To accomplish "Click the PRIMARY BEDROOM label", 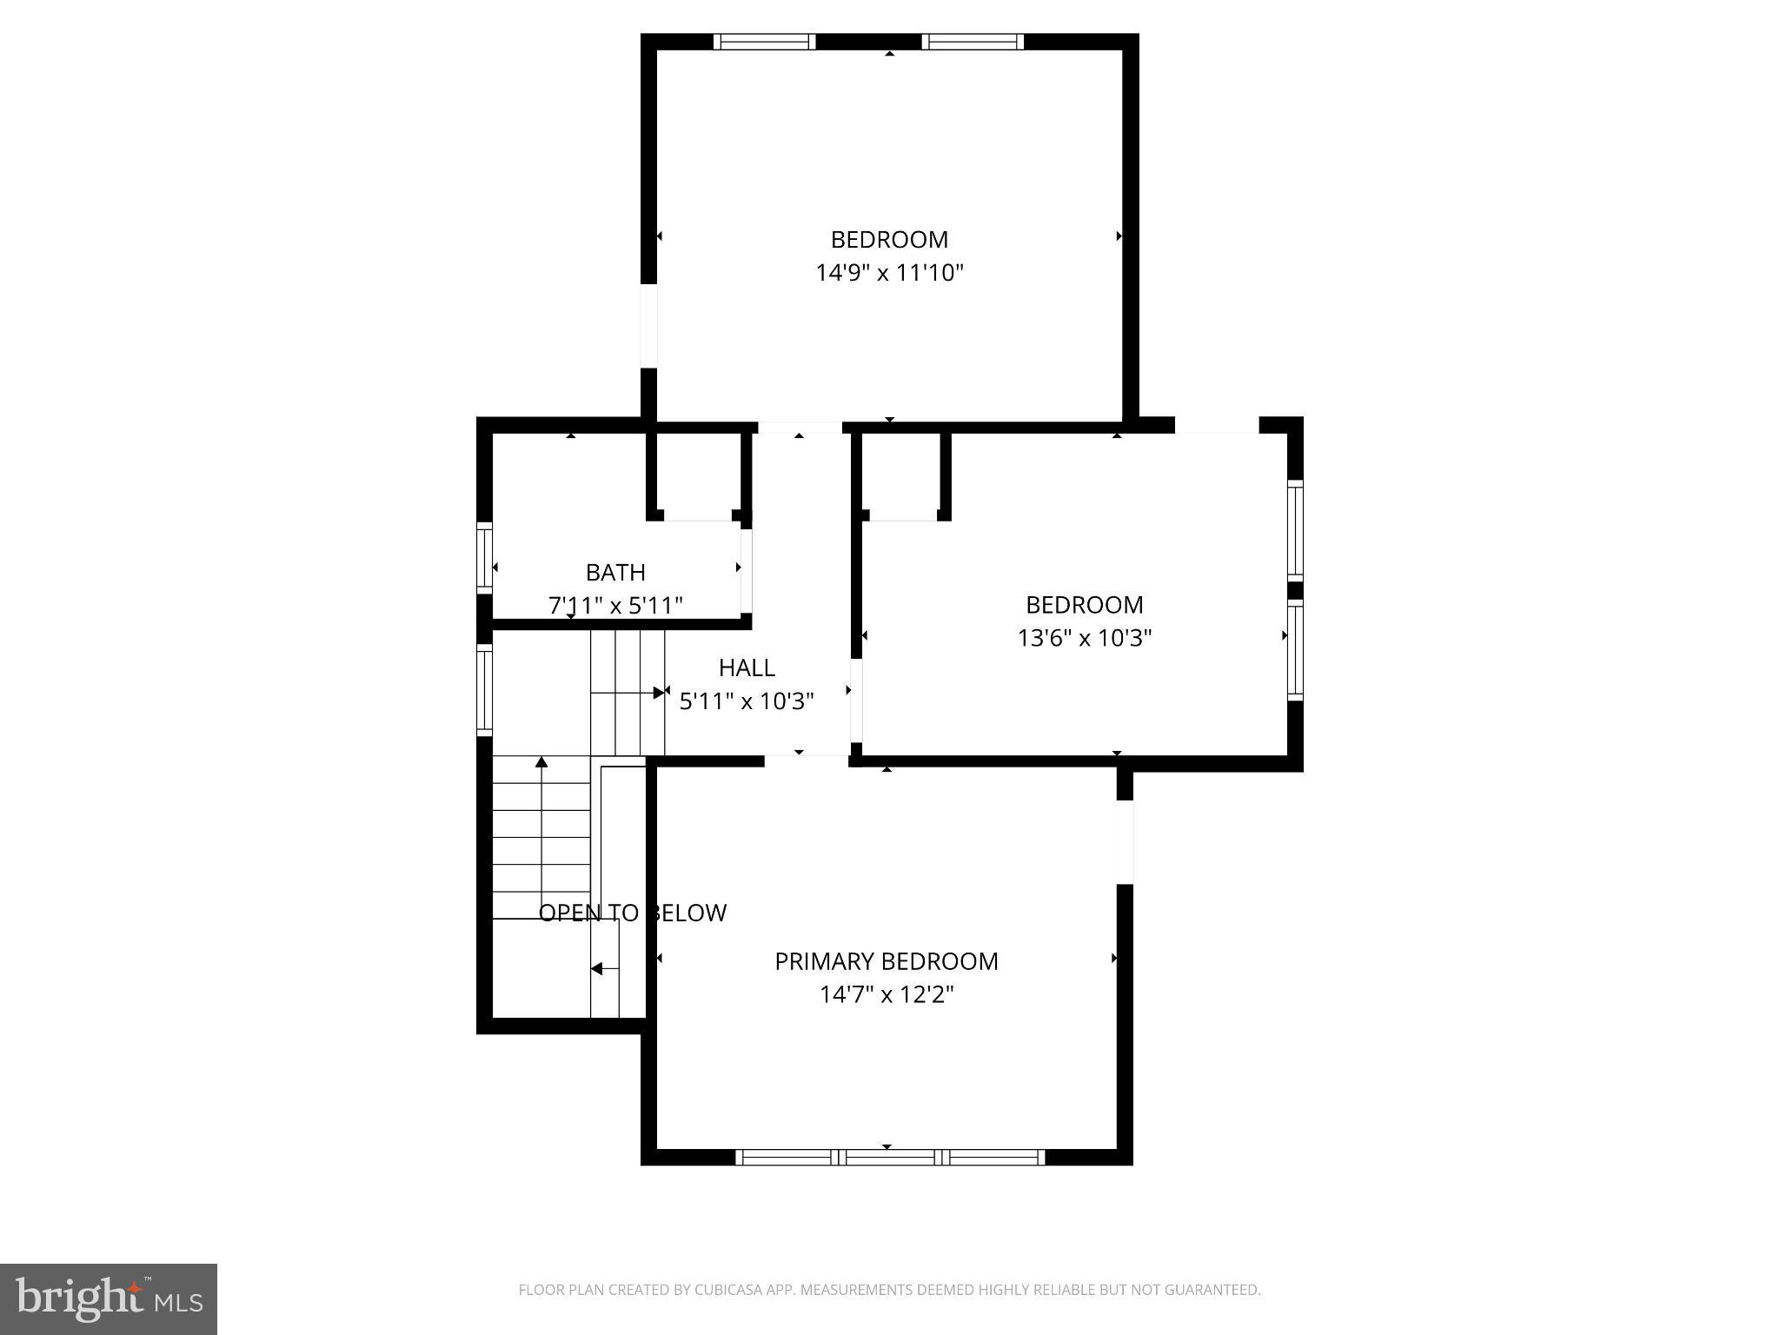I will click(x=886, y=961).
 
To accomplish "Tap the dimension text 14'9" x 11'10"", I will click(x=889, y=273).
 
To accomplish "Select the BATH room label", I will click(x=615, y=573).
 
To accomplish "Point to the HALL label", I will click(x=747, y=667).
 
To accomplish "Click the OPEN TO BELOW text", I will click(x=632, y=913).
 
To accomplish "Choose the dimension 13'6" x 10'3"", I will click(x=1084, y=638).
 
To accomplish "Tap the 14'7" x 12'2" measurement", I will click(x=886, y=994).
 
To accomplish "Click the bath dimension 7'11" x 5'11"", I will click(x=615, y=605).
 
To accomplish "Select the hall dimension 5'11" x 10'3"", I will click(x=747, y=701).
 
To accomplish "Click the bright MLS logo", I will click(x=109, y=1298).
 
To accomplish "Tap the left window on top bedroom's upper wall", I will click(x=764, y=42).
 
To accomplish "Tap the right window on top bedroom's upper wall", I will click(x=973, y=42).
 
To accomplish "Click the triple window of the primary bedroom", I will click(x=890, y=1157).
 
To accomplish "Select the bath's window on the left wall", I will click(x=484, y=557).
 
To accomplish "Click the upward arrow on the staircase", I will click(x=541, y=763).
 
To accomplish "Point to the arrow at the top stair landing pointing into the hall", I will click(x=660, y=692).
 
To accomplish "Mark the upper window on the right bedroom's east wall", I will click(x=1295, y=529).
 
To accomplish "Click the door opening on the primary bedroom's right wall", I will click(x=1125, y=841).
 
